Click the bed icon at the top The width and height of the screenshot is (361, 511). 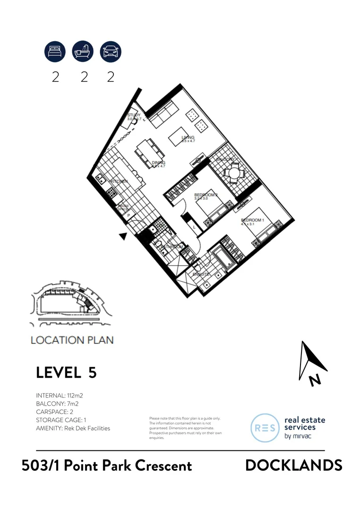[x=55, y=51]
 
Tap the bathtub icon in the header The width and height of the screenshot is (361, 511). [x=83, y=51]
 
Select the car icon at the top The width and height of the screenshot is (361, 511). [x=111, y=51]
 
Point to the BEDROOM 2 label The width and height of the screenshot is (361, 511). [x=206, y=195]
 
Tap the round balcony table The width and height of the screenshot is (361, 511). [x=232, y=173]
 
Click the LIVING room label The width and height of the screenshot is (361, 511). [x=188, y=137]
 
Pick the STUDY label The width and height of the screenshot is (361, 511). [x=134, y=115]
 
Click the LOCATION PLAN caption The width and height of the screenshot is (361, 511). [x=72, y=340]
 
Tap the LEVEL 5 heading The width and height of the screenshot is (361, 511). [x=66, y=372]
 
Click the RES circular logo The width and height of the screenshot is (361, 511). [x=265, y=428]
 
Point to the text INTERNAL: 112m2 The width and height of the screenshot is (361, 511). [x=60, y=395]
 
